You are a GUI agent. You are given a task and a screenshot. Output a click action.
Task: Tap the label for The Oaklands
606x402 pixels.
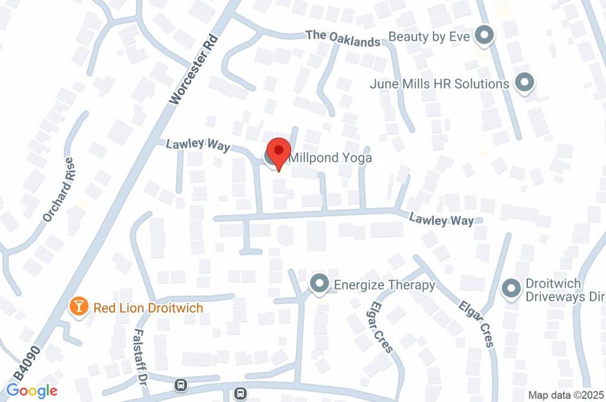[x=343, y=38]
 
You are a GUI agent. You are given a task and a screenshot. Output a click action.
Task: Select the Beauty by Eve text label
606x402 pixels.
[x=429, y=37]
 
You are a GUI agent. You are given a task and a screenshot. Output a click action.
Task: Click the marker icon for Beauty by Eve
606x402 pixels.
[x=485, y=35]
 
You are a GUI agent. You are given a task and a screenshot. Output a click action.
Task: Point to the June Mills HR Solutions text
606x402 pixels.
[x=439, y=84]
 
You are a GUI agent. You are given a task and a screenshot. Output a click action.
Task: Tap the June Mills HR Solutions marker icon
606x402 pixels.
[x=524, y=83]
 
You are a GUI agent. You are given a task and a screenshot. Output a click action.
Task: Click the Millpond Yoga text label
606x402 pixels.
[x=330, y=158]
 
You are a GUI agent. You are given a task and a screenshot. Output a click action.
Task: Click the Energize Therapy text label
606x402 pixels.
[x=385, y=285]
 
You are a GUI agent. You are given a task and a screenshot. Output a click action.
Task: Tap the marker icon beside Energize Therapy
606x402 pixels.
[x=320, y=284]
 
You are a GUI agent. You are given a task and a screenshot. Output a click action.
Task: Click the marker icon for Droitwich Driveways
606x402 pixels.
[x=510, y=289]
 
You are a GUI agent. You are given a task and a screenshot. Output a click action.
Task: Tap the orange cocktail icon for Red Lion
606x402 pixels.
[x=78, y=306]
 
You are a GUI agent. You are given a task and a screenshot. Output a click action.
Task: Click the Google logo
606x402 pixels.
[x=31, y=390]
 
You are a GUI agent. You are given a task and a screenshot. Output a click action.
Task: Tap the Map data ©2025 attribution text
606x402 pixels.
[x=565, y=395]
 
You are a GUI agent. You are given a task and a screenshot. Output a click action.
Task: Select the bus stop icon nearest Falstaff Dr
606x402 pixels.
[x=180, y=386]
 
